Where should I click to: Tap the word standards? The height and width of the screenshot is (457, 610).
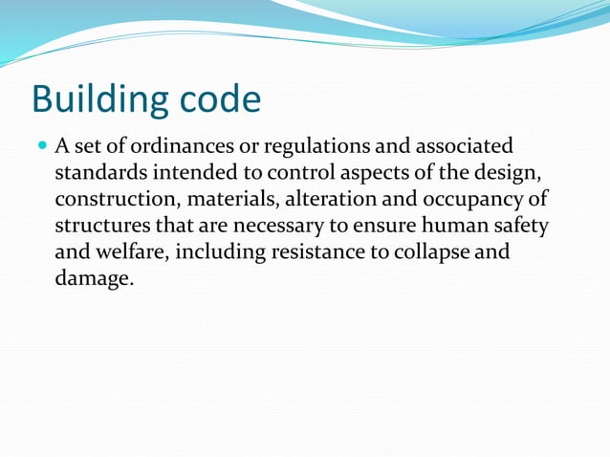[99, 174]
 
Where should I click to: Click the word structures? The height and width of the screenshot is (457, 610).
[102, 228]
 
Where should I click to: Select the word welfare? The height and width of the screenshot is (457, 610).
[129, 254]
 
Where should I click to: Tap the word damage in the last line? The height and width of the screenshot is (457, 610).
[93, 281]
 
